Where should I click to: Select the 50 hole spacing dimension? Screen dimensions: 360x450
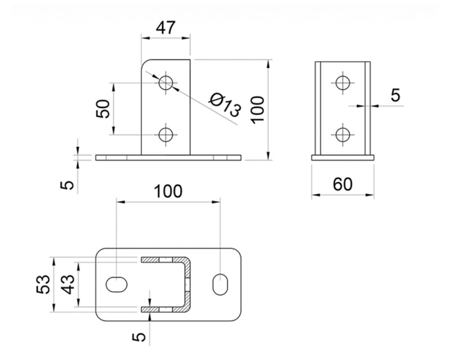pyautogui.click(x=102, y=108)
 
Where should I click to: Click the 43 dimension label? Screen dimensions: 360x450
pyautogui.click(x=67, y=285)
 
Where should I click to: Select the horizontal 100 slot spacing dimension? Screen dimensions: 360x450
pyautogui.click(x=168, y=191)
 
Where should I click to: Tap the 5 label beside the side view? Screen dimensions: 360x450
pyautogui.click(x=396, y=95)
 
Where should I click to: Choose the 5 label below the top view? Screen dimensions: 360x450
pyautogui.click(x=140, y=336)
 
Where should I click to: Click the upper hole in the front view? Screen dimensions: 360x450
pyautogui.click(x=166, y=82)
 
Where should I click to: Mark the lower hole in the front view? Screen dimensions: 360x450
pyautogui.click(x=166, y=134)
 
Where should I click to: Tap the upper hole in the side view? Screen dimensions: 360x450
pyautogui.click(x=343, y=82)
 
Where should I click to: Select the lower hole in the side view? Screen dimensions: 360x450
pyautogui.click(x=343, y=134)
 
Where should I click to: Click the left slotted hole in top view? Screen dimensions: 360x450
pyautogui.click(x=116, y=284)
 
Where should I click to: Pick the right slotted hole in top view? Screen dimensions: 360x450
pyautogui.click(x=219, y=284)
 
